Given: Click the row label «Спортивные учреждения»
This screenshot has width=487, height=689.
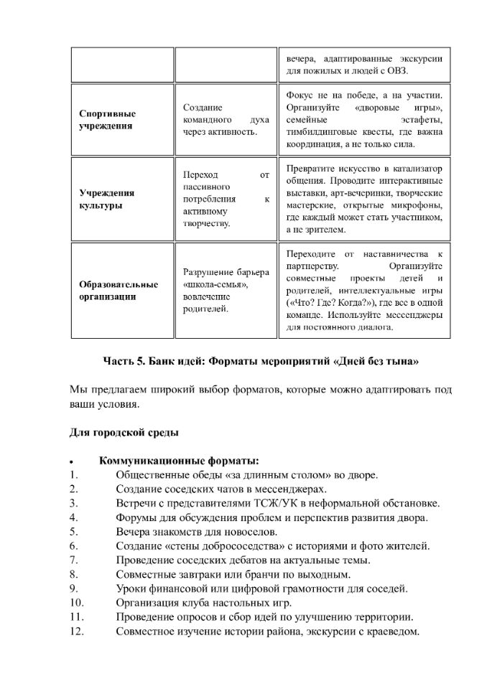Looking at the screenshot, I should tap(107, 119).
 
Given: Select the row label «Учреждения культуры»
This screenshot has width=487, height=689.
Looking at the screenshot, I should tap(106, 199).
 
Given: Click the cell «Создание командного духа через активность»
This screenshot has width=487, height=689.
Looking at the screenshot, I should tap(226, 119).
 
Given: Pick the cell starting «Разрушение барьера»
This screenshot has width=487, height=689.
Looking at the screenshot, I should tap(226, 290).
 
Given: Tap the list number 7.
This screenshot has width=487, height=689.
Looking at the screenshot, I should tap(74, 560).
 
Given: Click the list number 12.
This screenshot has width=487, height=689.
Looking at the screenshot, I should tap(77, 632).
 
